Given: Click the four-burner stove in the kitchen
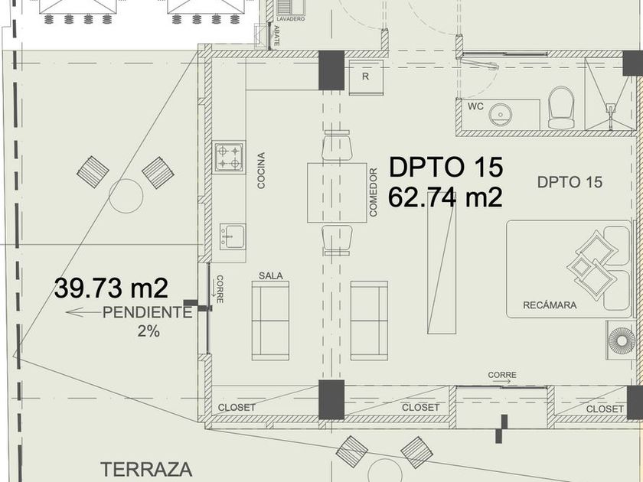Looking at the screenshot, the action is coord(229,158).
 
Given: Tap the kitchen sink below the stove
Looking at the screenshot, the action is coord(233,236).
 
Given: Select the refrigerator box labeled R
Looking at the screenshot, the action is coord(366,77).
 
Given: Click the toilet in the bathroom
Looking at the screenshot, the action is coord(561,107).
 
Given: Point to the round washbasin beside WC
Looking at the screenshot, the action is coord(501,115).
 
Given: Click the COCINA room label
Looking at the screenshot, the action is coord(261,171).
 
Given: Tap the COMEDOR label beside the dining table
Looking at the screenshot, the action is coord(373,192).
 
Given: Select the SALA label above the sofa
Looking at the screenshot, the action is coord(271,276).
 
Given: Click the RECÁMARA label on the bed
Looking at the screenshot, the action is coord(550,305).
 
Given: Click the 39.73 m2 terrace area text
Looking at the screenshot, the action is coord(111,288).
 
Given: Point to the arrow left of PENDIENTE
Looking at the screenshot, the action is coord(83,313).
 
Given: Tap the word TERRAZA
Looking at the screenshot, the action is coord(146,470).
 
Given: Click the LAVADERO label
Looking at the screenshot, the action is coord(291,19).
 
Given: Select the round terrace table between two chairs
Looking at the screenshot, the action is coord(126,196).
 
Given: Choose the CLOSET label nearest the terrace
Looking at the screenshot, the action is coord(237,407).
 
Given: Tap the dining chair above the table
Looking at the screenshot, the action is coord(337,145).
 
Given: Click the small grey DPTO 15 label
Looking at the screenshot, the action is coord(570,182).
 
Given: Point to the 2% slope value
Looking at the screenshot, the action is coord(149,331).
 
